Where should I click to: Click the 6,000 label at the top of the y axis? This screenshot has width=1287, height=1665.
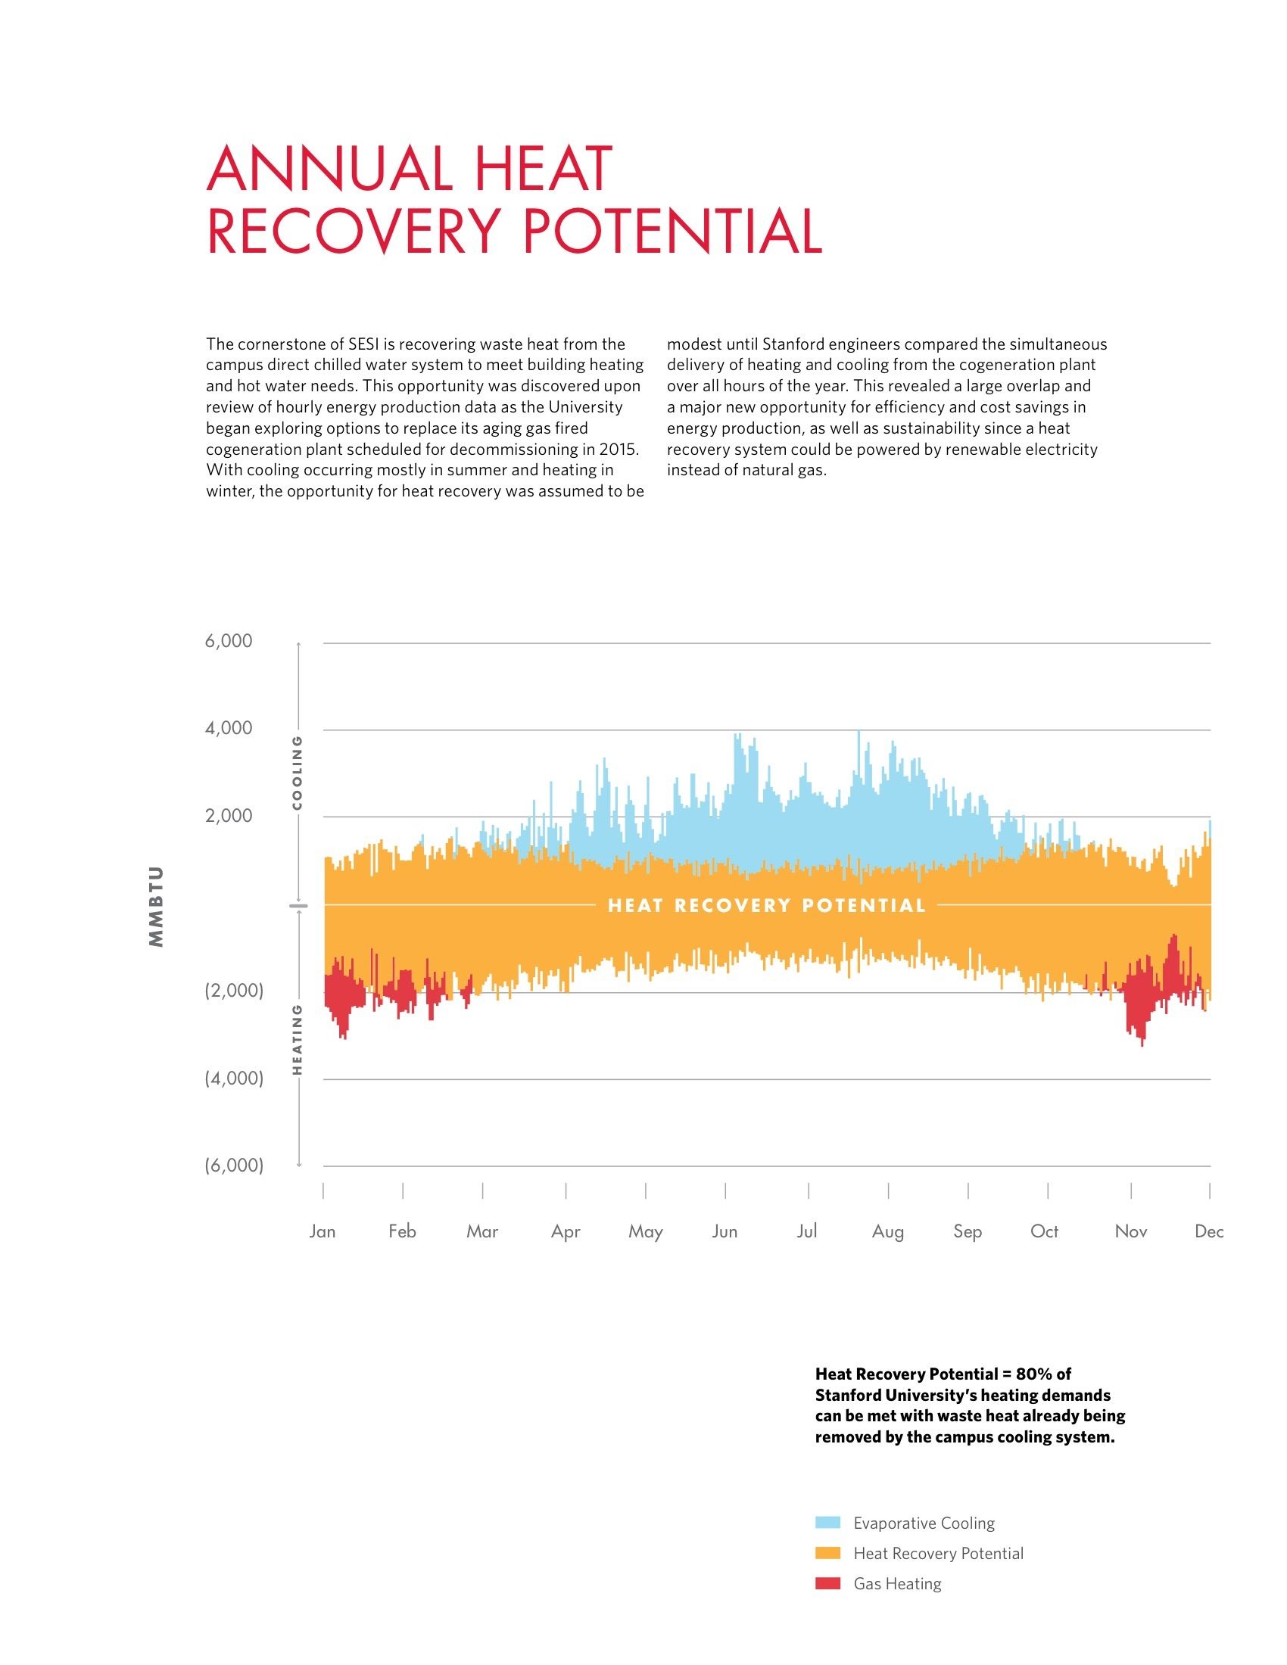tap(228, 641)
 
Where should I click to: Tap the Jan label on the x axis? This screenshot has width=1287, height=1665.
tap(323, 1231)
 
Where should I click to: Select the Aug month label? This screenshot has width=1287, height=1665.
tap(887, 1231)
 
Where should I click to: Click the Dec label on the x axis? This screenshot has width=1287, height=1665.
tap(1208, 1231)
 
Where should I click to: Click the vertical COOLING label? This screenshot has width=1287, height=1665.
tap(298, 772)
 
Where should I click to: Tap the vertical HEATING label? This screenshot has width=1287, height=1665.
tap(298, 1039)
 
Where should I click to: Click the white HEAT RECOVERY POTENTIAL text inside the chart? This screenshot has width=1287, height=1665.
tap(766, 906)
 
